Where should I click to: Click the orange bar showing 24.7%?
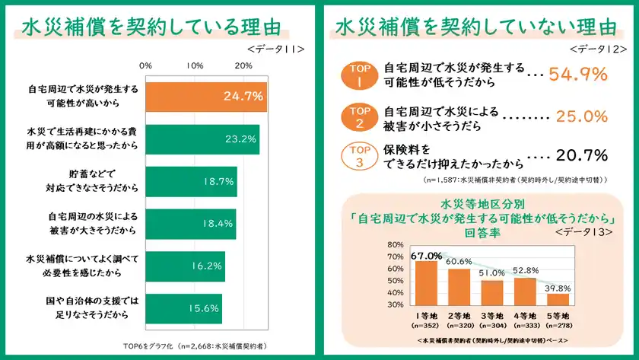pos(206,96)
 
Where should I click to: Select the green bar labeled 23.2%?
pos(202,139)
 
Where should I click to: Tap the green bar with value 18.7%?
pos(191,181)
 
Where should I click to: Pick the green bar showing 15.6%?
pos(183,308)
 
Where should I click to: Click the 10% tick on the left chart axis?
pos(195,65)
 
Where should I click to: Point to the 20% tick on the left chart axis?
pos(243,65)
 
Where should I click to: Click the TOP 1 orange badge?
pos(358,76)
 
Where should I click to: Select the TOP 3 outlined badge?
pos(358,157)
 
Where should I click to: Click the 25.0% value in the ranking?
pos(581,116)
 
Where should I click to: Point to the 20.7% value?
pos(581,156)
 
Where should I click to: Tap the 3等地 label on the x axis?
pos(491,316)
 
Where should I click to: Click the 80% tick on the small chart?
pos(396,245)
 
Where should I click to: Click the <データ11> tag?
pos(275,48)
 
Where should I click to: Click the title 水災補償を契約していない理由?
pos(476,27)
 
